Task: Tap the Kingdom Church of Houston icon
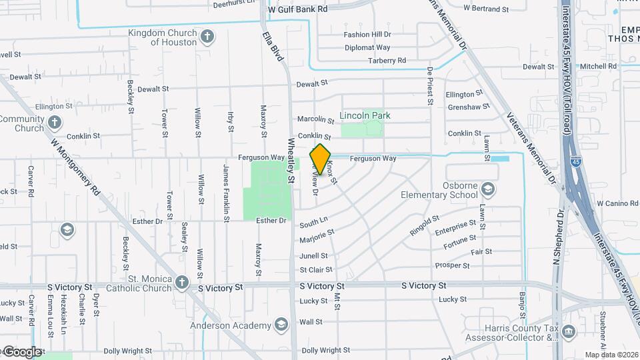point(207,36)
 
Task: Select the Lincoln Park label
point(365,115)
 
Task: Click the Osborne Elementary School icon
point(488,190)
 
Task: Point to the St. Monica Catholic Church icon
point(181,283)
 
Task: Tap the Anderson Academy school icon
point(281,325)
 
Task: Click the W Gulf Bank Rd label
point(297,9)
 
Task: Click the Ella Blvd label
point(273,46)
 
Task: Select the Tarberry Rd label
point(387,61)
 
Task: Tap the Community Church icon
point(55,123)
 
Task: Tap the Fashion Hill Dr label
point(367,35)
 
